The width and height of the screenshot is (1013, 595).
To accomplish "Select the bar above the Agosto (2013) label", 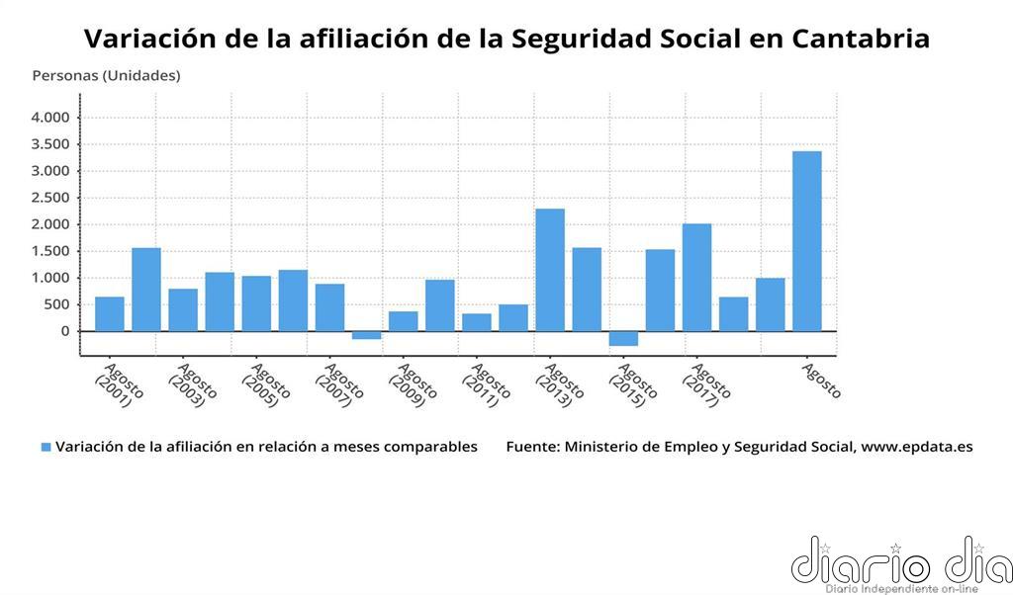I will pyautogui.click(x=550, y=269).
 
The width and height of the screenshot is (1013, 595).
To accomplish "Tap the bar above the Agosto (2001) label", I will pyautogui.click(x=110, y=313).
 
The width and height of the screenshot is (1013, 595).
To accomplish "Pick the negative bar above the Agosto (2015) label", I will pyautogui.click(x=623, y=338).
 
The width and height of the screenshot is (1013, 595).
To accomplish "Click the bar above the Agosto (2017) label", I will pyautogui.click(x=696, y=277).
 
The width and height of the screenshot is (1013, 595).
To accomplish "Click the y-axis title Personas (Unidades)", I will pyautogui.click(x=106, y=75).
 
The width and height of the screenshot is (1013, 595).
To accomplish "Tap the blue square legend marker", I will pyautogui.click(x=46, y=448).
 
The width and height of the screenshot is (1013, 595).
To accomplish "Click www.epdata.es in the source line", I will pyautogui.click(x=916, y=447).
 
